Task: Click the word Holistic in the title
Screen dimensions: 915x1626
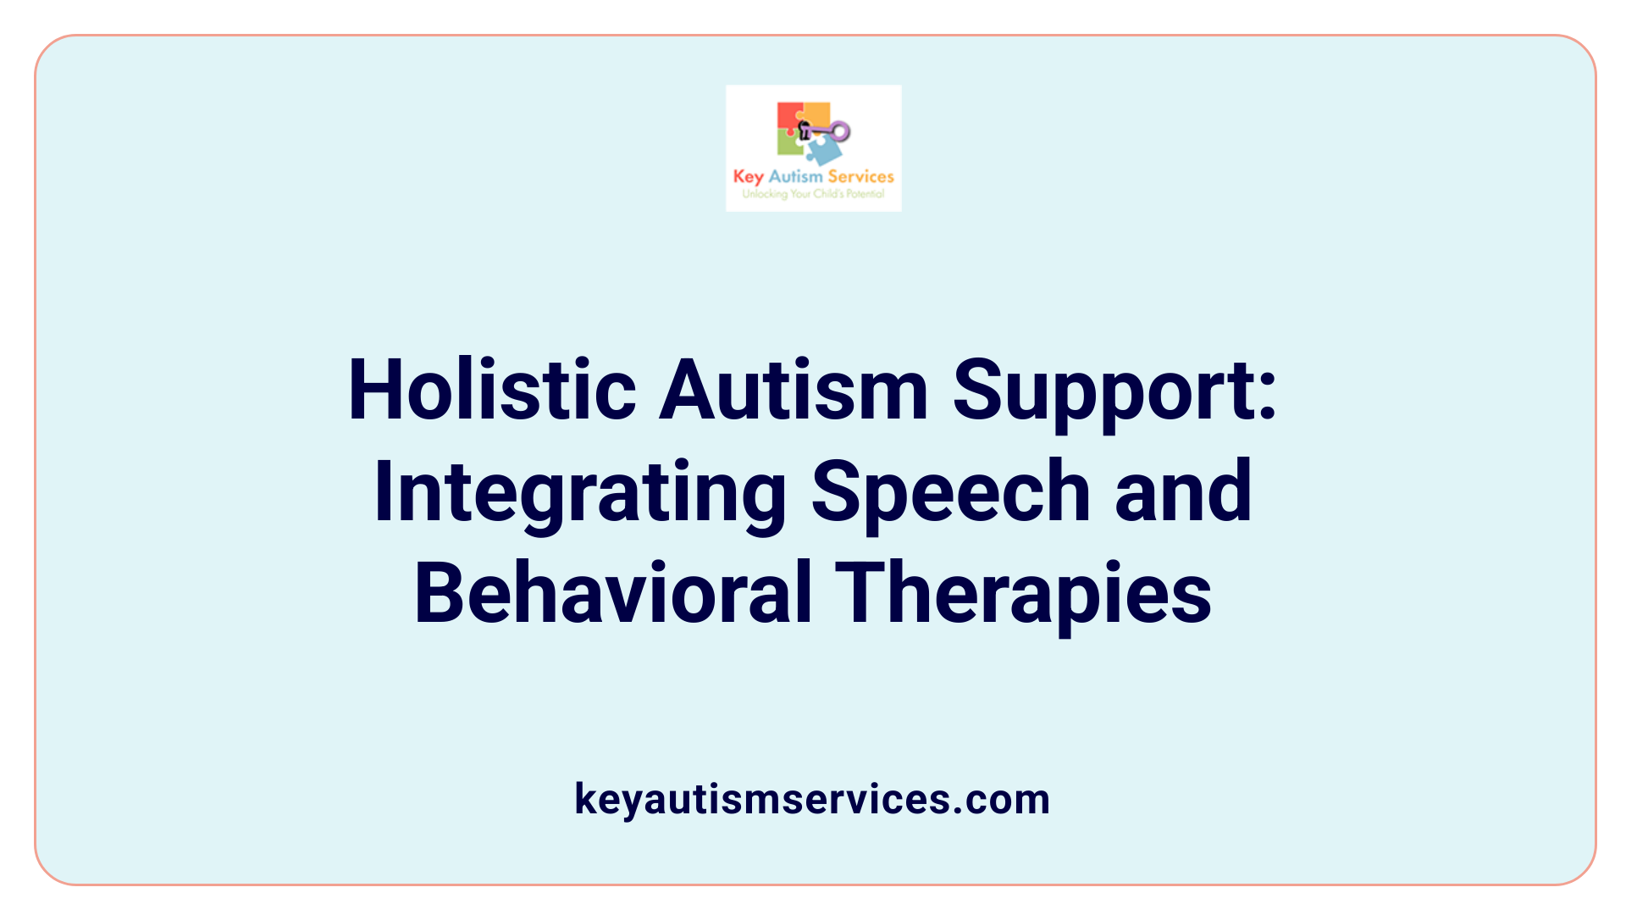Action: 492,391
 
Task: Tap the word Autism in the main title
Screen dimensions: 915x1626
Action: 794,391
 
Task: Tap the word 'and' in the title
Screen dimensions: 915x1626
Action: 1183,491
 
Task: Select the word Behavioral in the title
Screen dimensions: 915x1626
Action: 613,593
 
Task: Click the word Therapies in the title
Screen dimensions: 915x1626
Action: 1023,593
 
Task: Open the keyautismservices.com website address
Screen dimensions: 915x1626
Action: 812,799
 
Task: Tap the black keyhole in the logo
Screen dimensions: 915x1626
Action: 805,130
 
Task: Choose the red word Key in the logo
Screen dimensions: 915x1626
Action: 748,177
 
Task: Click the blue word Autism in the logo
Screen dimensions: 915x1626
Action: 795,176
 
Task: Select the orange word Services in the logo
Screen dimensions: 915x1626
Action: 860,176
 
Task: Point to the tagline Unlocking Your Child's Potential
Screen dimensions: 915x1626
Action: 813,194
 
